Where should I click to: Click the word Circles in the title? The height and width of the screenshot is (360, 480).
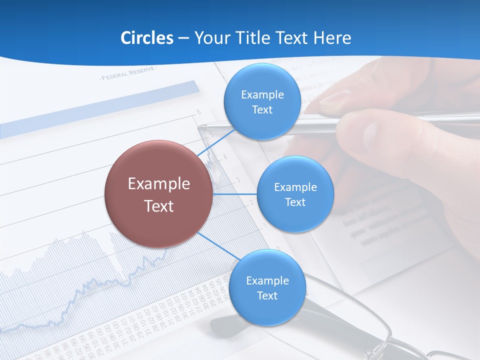pyautogui.click(x=147, y=38)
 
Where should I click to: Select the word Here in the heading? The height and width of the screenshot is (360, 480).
pyautogui.click(x=332, y=38)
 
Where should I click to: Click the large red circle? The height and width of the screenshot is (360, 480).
pyautogui.click(x=158, y=194)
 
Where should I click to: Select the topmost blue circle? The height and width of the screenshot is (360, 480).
pyautogui.click(x=262, y=101)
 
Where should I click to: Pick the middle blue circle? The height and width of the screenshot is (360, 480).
pyautogui.click(x=295, y=194)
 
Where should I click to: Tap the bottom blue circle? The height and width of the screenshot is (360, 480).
pyautogui.click(x=267, y=288)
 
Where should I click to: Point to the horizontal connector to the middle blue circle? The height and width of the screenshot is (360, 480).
pyautogui.click(x=234, y=194)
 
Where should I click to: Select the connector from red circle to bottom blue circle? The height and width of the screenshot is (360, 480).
pyautogui.click(x=219, y=246)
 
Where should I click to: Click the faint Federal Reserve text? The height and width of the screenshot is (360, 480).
pyautogui.click(x=128, y=74)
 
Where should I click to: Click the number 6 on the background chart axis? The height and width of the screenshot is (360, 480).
pyautogui.click(x=198, y=111)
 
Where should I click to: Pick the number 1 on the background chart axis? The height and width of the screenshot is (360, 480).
pyautogui.click(x=264, y=226)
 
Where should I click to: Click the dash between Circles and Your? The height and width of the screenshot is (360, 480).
pyautogui.click(x=183, y=38)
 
